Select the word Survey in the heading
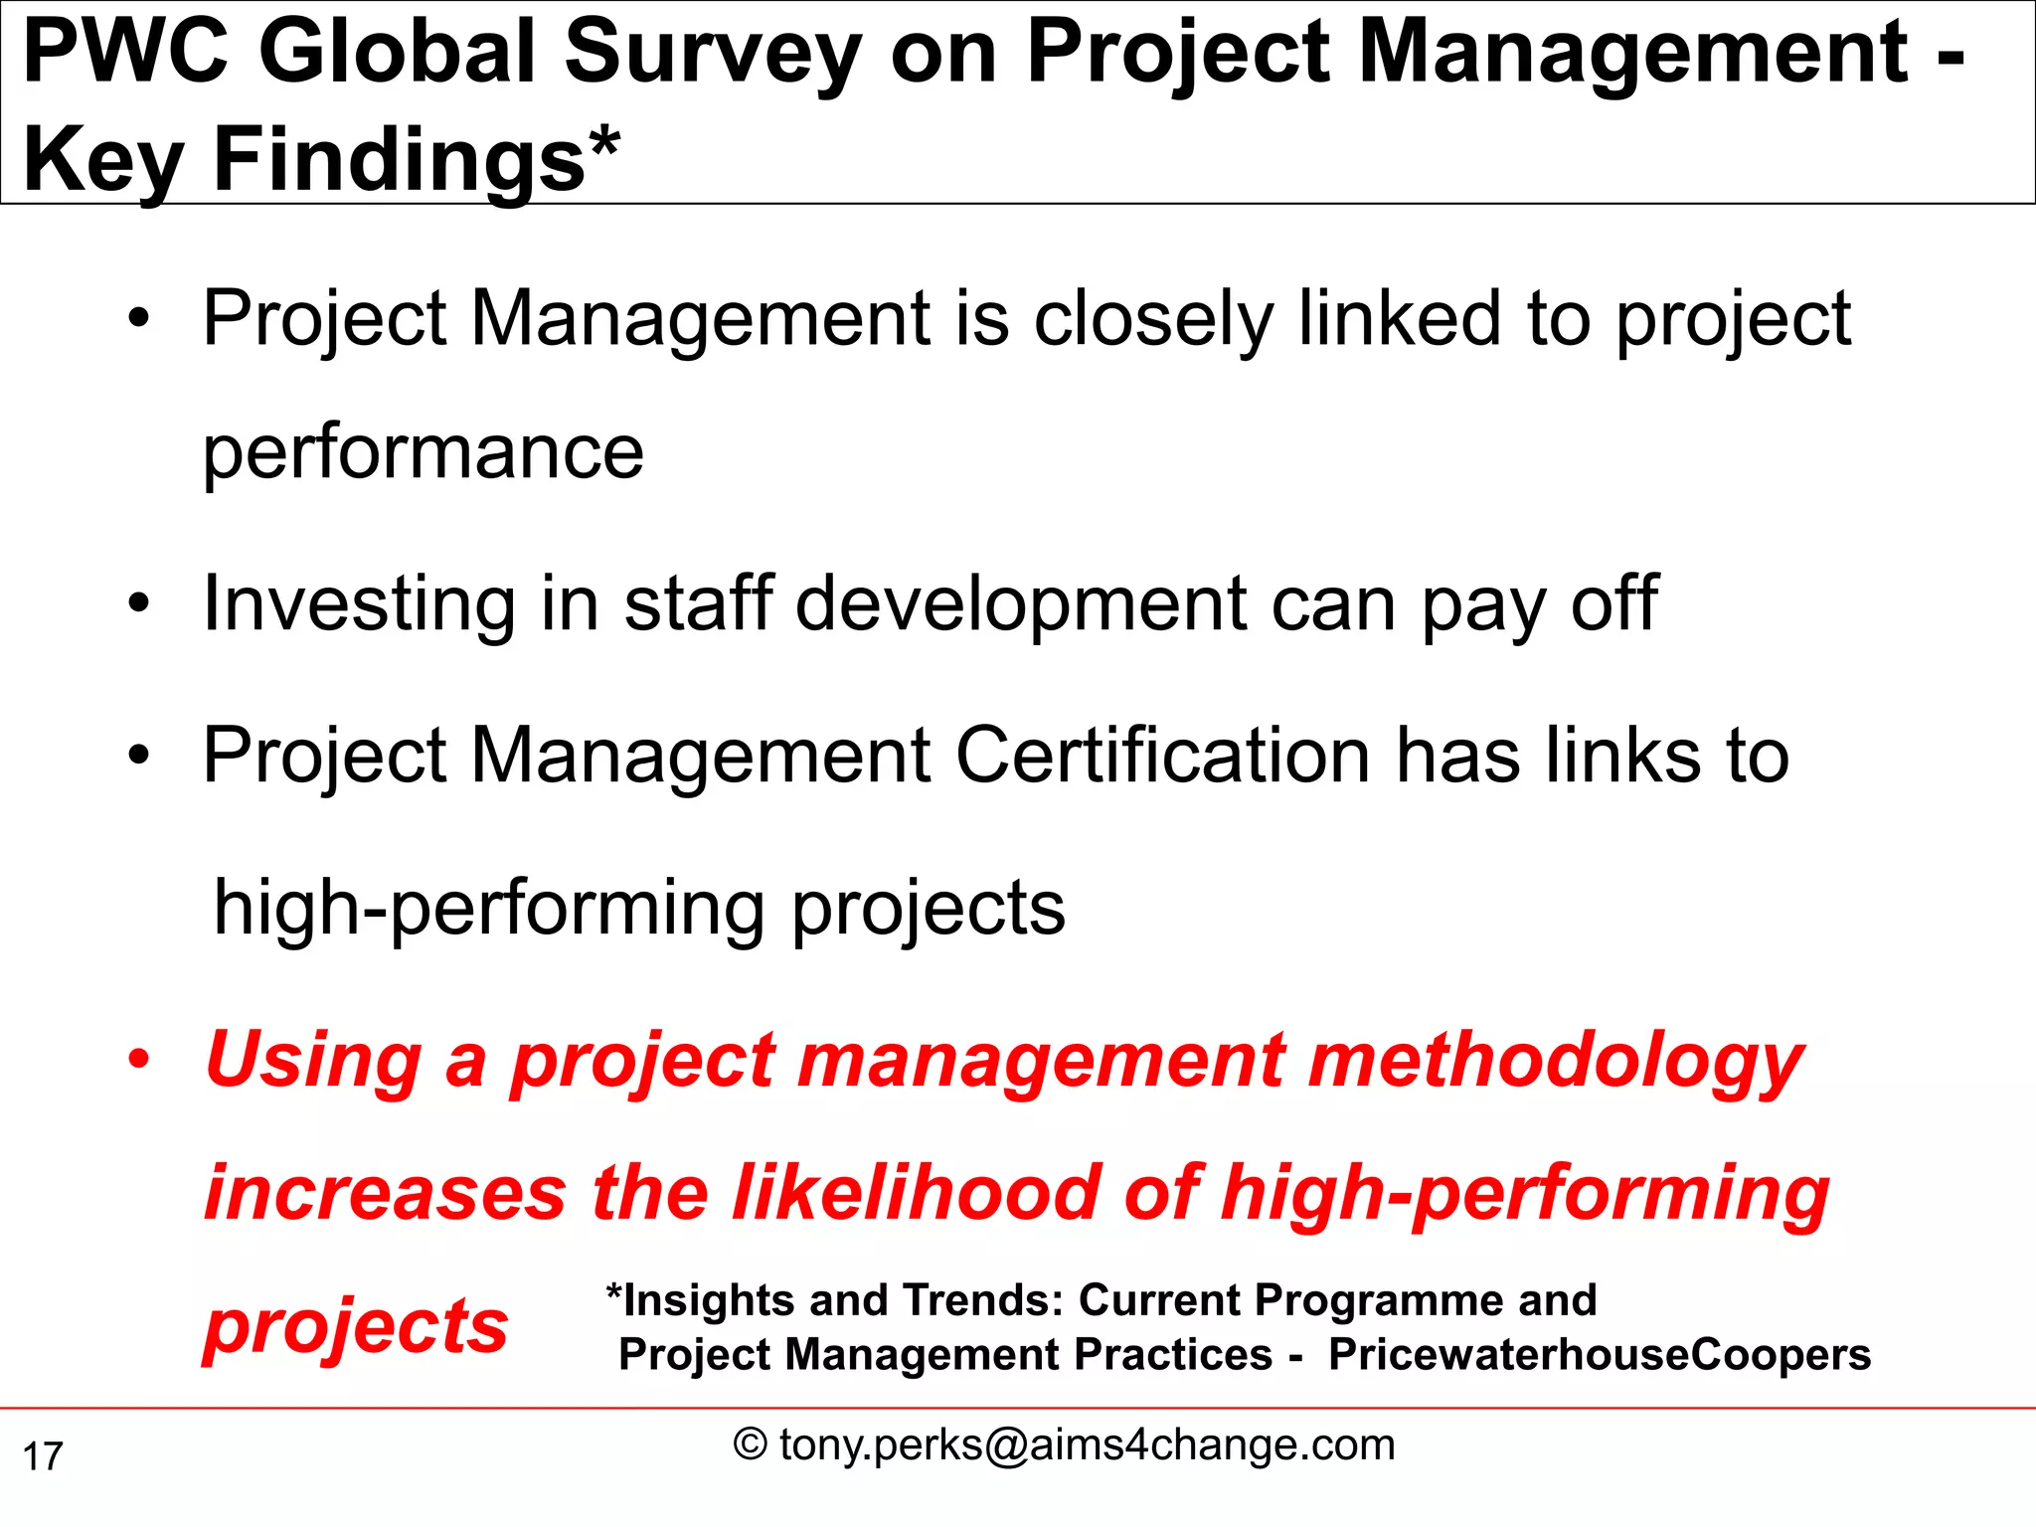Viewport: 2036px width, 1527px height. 712,54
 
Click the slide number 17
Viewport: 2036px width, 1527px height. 43,1456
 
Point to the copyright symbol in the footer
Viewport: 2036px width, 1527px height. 751,1444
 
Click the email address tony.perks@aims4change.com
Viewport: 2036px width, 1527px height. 1088,1444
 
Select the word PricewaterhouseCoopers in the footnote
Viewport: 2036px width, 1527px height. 1600,1354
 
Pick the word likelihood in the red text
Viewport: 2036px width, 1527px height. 916,1192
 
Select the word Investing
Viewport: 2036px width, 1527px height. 359,603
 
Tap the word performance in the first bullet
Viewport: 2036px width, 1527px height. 424,452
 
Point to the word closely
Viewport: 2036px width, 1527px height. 1153,319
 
